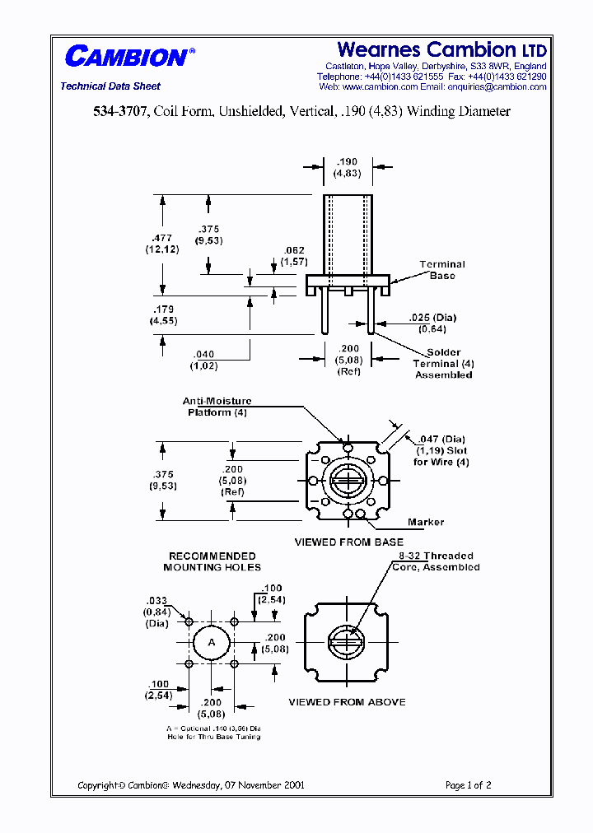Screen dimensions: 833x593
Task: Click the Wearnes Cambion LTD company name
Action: (x=441, y=50)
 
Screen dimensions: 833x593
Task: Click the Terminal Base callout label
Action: (x=442, y=270)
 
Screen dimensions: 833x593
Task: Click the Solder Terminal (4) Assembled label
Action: (x=443, y=364)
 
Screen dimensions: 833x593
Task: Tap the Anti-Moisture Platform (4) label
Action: (x=217, y=407)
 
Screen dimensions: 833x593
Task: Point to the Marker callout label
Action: (x=426, y=522)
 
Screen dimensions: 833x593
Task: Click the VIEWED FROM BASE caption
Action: (x=349, y=542)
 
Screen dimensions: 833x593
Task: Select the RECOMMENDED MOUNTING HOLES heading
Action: (x=212, y=561)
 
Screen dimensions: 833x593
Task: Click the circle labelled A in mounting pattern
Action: (x=212, y=641)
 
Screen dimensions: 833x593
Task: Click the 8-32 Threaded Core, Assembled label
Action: (x=436, y=561)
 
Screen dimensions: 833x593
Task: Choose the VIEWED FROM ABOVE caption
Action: (x=347, y=702)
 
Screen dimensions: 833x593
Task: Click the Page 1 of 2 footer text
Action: (x=468, y=785)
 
